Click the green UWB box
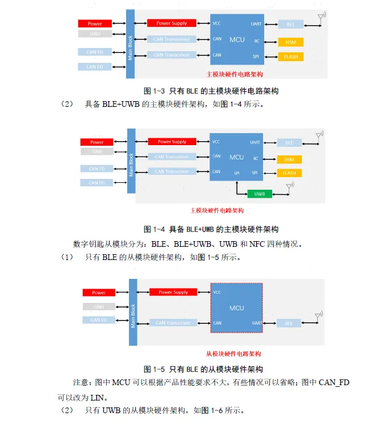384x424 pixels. pos(260,194)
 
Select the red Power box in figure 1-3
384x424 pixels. pos(95,23)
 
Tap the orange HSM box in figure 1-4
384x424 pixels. pos(289,159)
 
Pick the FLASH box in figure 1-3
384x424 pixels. pos(290,57)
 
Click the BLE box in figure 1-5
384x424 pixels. pos(289,323)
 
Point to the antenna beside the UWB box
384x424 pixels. pos(289,186)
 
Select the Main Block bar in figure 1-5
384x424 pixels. pos(133,312)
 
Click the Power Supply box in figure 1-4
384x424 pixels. pos(172,142)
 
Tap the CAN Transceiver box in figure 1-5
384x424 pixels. pos(173,323)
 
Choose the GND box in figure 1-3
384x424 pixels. pos(95,34)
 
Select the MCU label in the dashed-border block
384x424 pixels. pos(236,308)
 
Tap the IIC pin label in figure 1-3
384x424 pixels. pos(256,41)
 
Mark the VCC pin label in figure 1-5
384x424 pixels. pos(217,292)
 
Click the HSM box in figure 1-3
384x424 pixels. pos(290,42)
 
